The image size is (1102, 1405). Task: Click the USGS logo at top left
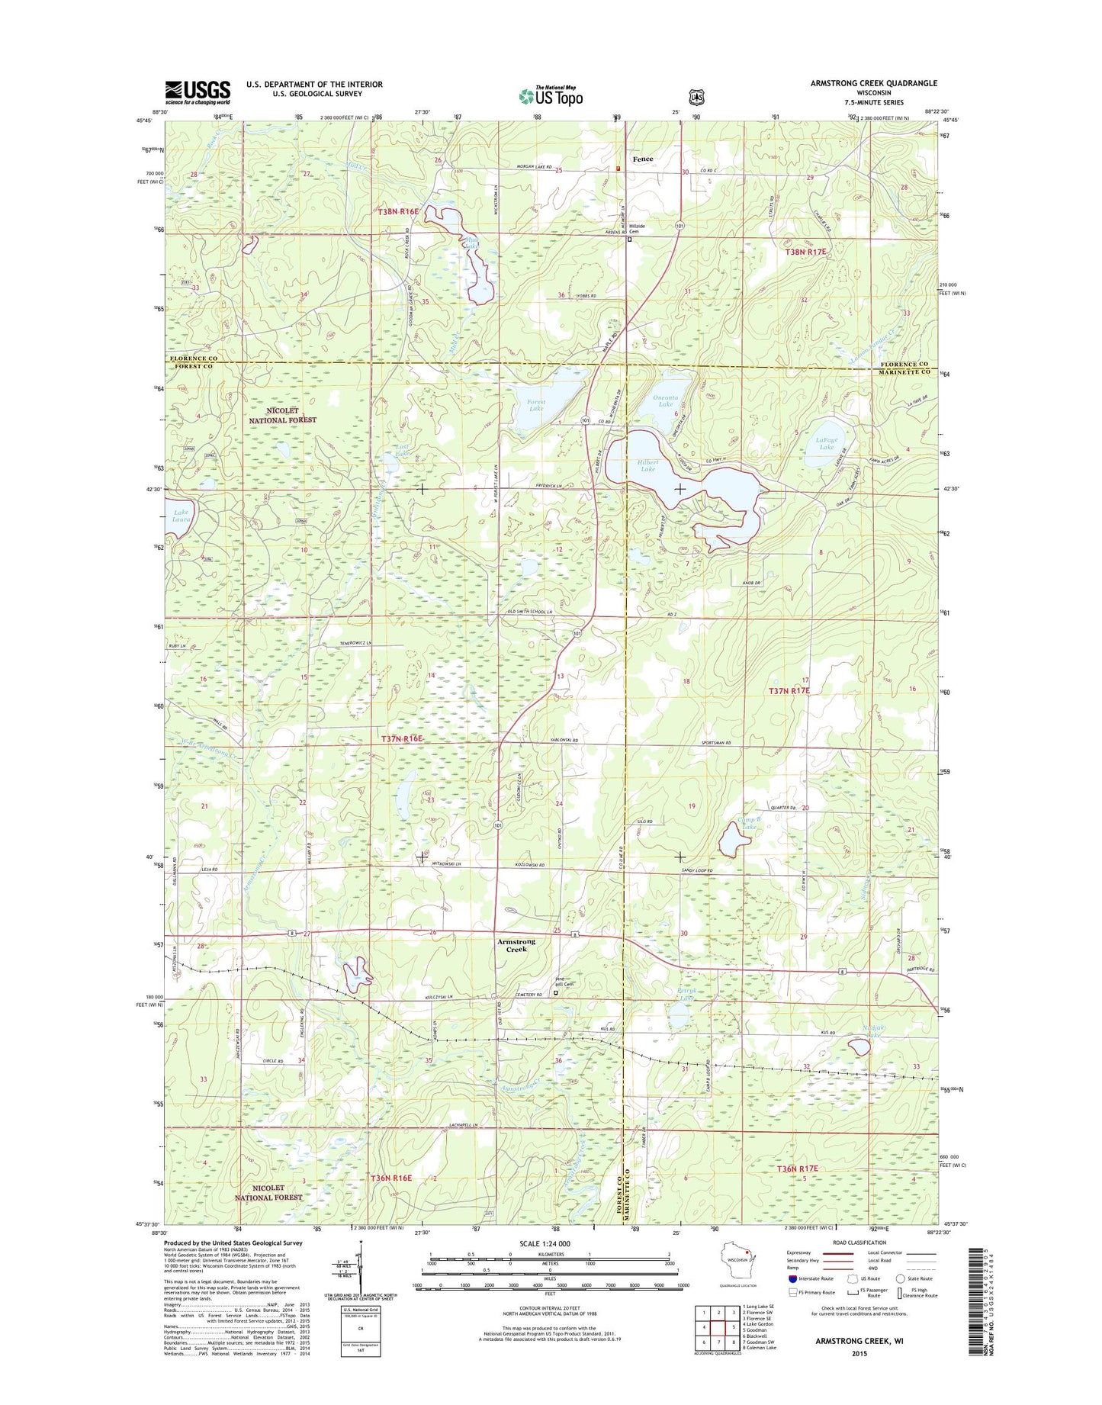pyautogui.click(x=198, y=92)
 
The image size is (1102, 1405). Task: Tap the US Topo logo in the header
pyautogui.click(x=551, y=95)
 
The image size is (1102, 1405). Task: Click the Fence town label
pyautogui.click(x=642, y=159)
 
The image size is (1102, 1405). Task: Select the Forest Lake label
pyautogui.click(x=536, y=405)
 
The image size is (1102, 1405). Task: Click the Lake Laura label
pyautogui.click(x=181, y=516)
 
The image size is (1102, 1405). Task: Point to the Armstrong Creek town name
pyautogui.click(x=516, y=945)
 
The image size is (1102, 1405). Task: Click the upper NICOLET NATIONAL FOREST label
pyautogui.click(x=282, y=415)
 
